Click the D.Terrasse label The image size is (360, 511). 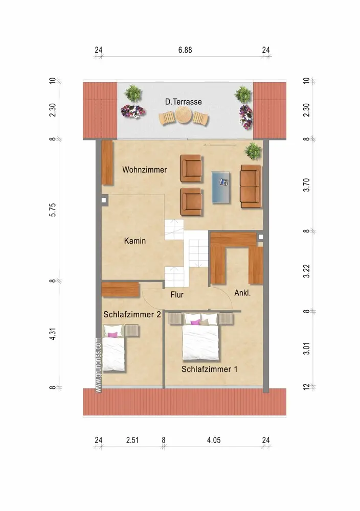[x=183, y=102]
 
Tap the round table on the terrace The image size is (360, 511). [x=183, y=115]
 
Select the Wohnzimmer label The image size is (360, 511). [x=144, y=170]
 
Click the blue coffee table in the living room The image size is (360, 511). [x=221, y=188]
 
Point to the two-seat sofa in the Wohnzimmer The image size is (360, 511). [x=251, y=186]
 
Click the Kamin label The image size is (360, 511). [x=134, y=241]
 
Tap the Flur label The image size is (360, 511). [x=177, y=295]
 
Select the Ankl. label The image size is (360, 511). [x=242, y=293]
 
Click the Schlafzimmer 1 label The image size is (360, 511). [x=209, y=369]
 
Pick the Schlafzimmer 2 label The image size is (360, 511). [x=132, y=314]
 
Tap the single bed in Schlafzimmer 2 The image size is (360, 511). [x=114, y=348]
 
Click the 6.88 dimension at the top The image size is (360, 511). [x=185, y=50]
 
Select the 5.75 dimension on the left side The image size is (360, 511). [x=53, y=210]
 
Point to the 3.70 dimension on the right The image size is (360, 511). [x=306, y=185]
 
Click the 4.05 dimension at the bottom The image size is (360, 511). [x=214, y=440]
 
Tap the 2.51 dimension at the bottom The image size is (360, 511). [x=132, y=440]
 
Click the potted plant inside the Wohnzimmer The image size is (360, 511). [x=254, y=151]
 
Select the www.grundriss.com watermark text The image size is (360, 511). [x=98, y=365]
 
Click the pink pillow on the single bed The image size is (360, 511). [x=113, y=335]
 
